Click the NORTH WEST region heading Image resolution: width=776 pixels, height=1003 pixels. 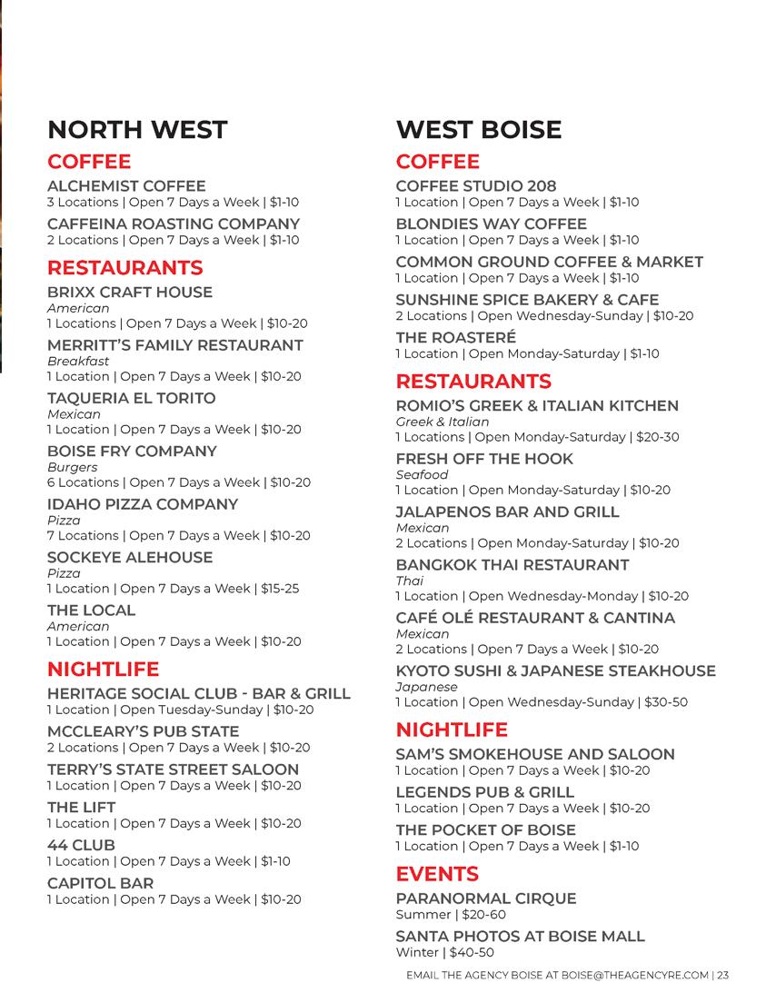[x=136, y=129]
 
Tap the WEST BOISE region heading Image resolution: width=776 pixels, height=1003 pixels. [x=478, y=129]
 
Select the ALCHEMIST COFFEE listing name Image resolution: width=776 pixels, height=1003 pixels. [x=126, y=185]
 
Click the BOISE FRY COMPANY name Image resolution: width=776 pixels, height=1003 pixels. [x=133, y=451]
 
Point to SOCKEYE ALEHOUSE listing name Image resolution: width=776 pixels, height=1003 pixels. [x=130, y=557]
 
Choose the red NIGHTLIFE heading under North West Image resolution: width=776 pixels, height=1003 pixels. [x=103, y=670]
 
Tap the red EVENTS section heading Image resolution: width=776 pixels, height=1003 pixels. [x=437, y=874]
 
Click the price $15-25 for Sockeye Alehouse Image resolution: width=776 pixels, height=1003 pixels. [x=280, y=589]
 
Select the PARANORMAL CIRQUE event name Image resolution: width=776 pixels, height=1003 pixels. [x=486, y=899]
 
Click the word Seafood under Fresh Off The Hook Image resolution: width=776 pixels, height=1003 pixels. [x=422, y=475]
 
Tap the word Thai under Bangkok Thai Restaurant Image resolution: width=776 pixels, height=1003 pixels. [x=410, y=581]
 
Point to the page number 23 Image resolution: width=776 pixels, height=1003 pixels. [x=723, y=977]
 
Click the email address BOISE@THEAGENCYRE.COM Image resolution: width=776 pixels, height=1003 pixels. [x=635, y=977]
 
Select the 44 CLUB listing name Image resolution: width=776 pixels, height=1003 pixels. [x=81, y=845]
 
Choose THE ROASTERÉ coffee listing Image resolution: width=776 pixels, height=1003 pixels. [x=455, y=337]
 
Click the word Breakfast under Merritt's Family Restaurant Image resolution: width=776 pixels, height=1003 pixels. [x=78, y=361]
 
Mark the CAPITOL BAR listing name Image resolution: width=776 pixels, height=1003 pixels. [x=100, y=883]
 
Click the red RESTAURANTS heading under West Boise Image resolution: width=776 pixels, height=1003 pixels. [x=473, y=381]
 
